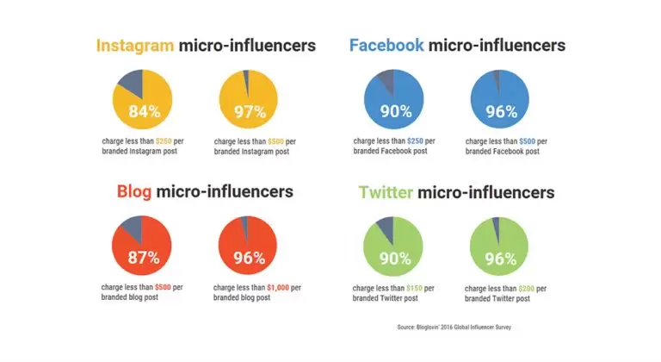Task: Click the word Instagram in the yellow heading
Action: tap(134, 45)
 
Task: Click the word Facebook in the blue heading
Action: tap(386, 45)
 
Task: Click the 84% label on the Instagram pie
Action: tap(143, 111)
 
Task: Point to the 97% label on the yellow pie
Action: tap(249, 111)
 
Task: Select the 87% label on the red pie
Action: tap(143, 258)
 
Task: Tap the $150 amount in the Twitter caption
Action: tap(418, 287)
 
